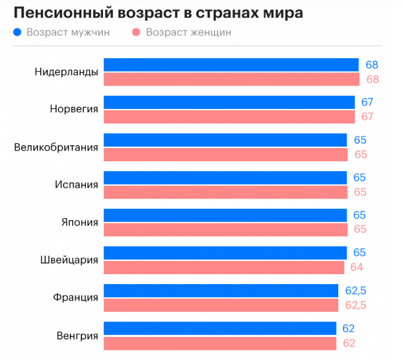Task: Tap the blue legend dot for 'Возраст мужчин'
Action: coord(17,32)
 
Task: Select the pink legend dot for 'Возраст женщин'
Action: coord(137,32)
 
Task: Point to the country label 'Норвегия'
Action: coord(74,110)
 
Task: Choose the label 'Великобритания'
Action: coord(56,147)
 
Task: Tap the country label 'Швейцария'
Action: coord(69,260)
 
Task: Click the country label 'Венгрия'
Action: coord(77,336)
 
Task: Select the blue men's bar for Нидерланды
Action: coord(231,65)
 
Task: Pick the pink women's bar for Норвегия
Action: coord(229,117)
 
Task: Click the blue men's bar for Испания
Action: coord(225,178)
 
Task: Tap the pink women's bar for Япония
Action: coord(225,230)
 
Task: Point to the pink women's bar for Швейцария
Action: coord(224,268)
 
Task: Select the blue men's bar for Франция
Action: coord(221,291)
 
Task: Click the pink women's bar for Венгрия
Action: coord(220,343)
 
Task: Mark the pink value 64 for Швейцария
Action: coord(357,268)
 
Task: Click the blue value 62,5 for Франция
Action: coord(355,291)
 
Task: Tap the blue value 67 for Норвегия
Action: coord(367,102)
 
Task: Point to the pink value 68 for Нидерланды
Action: coord(373,80)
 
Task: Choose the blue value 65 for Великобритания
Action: coord(359,140)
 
